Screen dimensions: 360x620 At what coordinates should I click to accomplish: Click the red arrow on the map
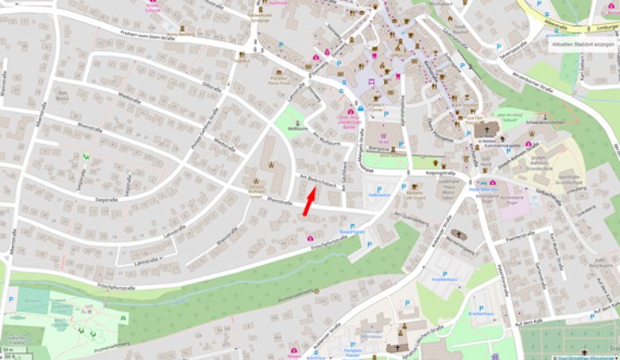tap(309, 202)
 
